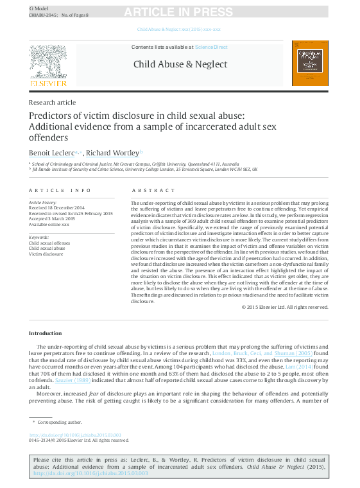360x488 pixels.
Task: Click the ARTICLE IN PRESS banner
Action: pos(178,12)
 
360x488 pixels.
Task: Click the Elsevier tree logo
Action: pos(47,64)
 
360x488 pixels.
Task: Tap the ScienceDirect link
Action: pos(211,47)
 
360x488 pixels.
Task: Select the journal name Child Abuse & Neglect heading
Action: pos(180,64)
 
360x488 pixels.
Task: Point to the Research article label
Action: pos(52,102)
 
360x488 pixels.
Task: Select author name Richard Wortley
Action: pos(112,153)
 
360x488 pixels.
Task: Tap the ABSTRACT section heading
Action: pos(153,191)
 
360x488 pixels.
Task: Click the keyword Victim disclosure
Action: pos(46,254)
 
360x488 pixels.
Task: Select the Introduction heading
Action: pos(46,333)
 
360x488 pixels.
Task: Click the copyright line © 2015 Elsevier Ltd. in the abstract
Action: pos(284,307)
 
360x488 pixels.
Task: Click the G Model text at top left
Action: pos(39,7)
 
